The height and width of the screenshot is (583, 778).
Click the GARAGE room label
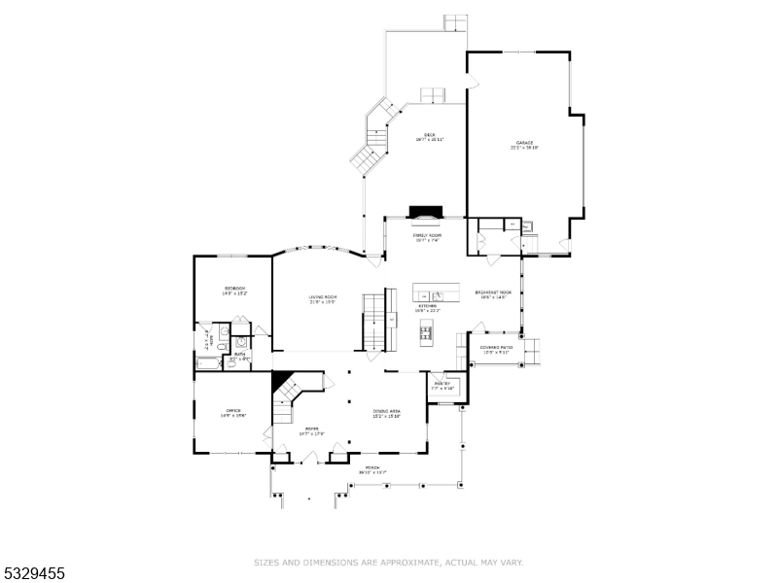(524, 145)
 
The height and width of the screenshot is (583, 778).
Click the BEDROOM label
(234, 290)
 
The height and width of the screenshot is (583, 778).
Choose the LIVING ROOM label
(323, 298)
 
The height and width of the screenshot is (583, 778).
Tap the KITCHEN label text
(428, 307)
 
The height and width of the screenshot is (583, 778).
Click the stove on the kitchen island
(425, 333)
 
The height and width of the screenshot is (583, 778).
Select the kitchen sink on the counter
(437, 294)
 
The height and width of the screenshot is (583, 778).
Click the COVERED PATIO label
(496, 349)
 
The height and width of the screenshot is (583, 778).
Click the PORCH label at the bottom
(371, 469)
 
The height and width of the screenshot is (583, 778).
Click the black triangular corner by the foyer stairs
(281, 380)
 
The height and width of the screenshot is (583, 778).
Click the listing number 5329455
(33, 573)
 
